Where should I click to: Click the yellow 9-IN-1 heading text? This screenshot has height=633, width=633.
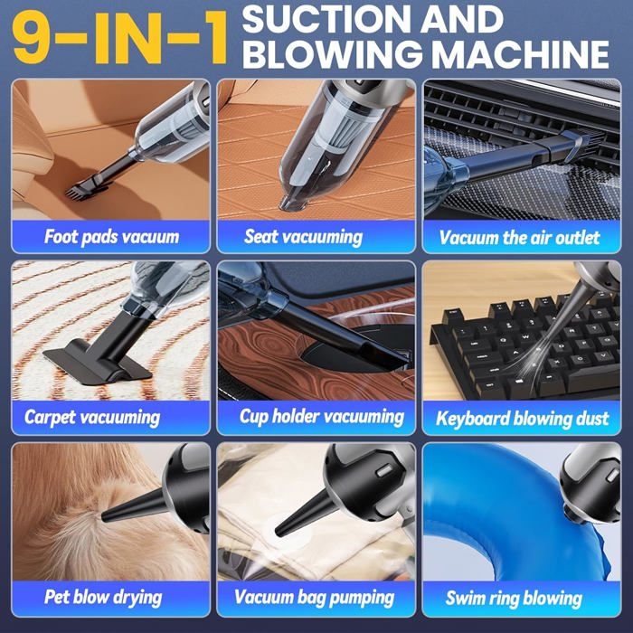120,37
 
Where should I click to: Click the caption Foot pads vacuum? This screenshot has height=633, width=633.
111,237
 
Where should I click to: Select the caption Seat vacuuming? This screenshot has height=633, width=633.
303,237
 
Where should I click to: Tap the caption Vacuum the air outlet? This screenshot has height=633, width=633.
520,237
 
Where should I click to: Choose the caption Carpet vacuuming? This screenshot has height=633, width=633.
92,418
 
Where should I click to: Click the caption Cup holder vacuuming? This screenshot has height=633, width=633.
322,417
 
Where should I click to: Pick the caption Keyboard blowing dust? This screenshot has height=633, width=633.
523,418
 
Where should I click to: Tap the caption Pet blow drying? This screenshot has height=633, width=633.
103,598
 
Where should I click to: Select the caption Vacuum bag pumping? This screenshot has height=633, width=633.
314,598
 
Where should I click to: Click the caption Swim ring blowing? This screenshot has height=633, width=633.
514,599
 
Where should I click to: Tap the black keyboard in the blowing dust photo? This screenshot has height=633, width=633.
524,347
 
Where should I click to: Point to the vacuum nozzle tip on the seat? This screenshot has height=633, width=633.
293,203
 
